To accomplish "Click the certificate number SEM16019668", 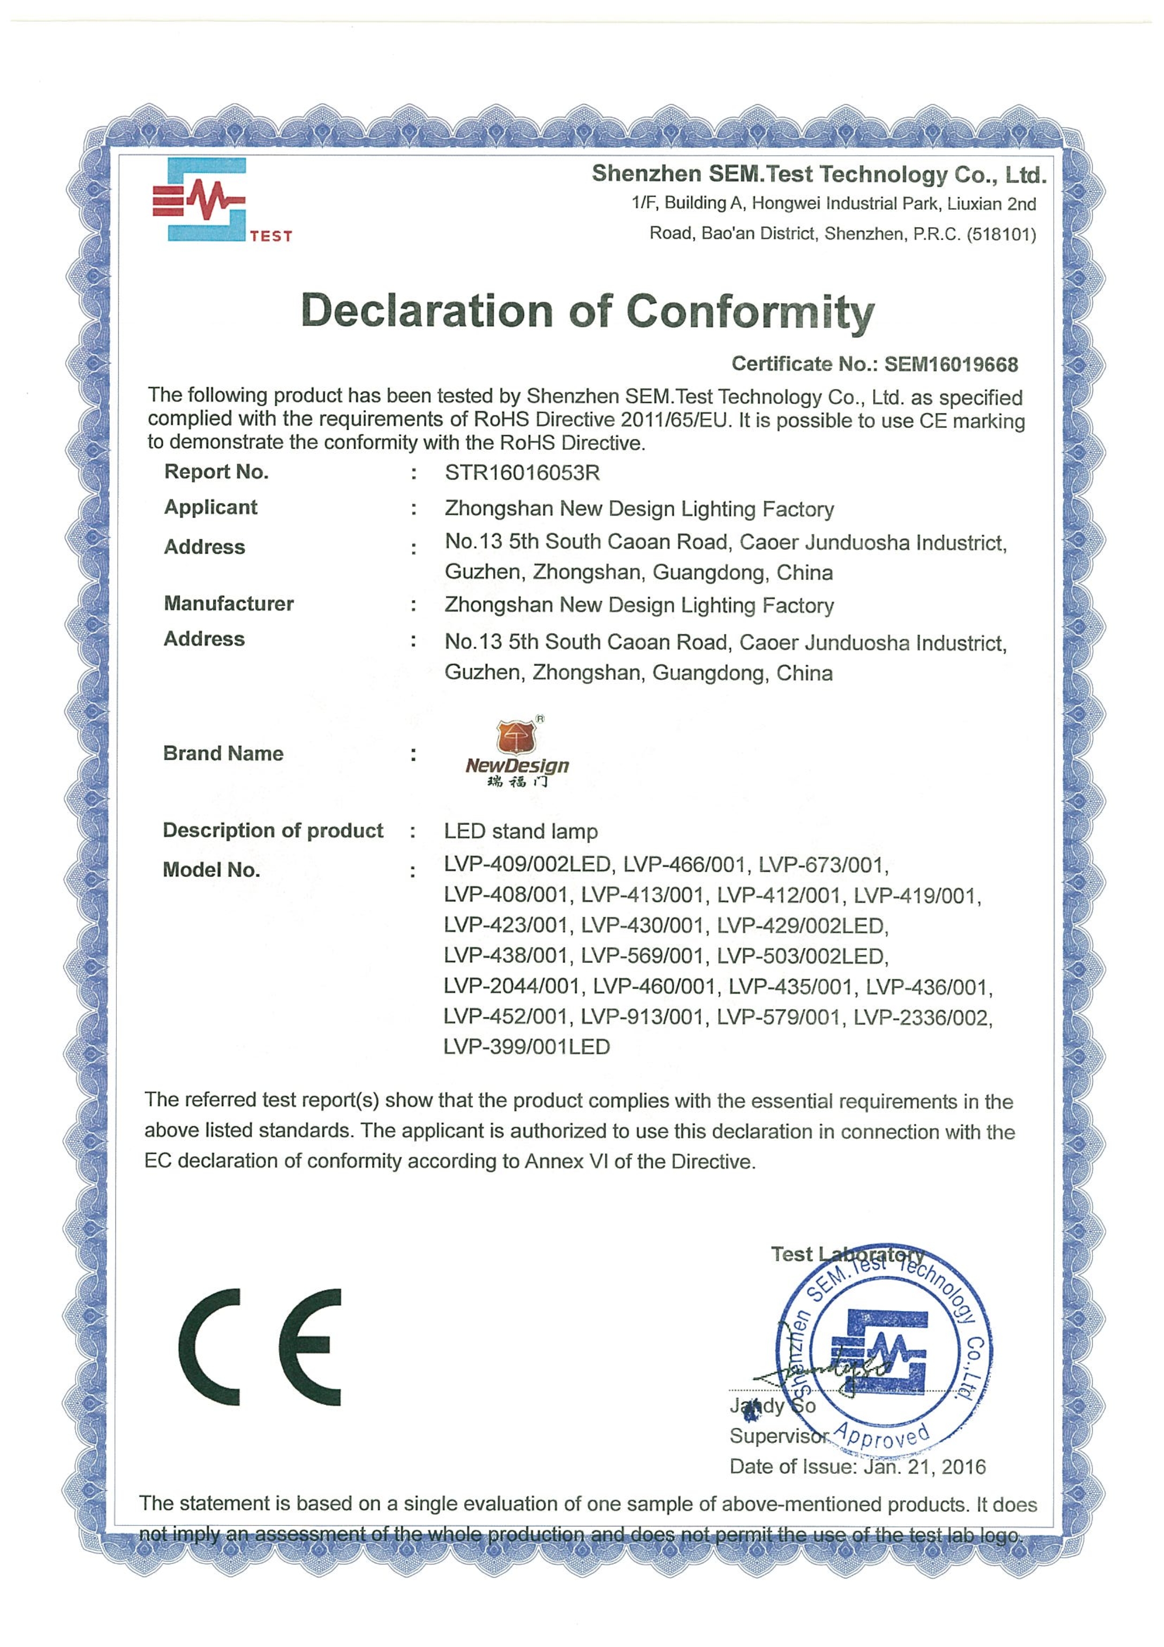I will click(950, 365).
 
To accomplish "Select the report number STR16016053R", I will click(522, 473).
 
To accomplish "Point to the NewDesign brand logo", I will click(517, 752).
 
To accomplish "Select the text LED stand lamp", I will click(521, 831).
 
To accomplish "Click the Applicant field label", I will click(210, 507).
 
